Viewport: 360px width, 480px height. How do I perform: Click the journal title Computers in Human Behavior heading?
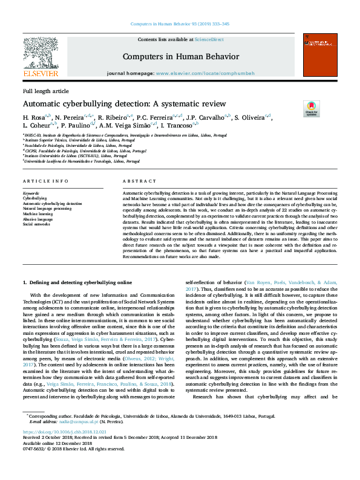point(181,57)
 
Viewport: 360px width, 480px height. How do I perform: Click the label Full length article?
point(45,91)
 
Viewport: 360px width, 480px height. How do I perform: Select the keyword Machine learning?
point(38,213)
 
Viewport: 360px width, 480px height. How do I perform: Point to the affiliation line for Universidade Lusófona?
point(82,162)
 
